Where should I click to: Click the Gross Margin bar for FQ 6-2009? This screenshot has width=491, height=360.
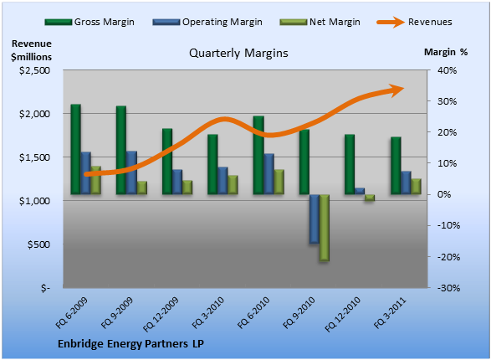pos(75,149)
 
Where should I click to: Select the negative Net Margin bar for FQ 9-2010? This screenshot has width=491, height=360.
pos(324,228)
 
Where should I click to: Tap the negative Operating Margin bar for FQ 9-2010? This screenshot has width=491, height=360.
pos(315,219)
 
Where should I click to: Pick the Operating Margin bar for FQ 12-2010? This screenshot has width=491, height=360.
pos(360,191)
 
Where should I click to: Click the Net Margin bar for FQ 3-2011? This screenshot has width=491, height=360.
pos(416,187)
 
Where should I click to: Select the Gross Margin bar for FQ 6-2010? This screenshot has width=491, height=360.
pos(258,155)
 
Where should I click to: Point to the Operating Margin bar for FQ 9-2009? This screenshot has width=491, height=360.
pos(131,172)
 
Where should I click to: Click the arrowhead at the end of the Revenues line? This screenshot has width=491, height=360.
pos(397,90)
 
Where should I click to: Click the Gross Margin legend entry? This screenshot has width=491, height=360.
pos(90,22)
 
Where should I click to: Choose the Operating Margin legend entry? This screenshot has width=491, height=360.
pos(207,22)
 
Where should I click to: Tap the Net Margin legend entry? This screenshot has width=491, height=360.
pos(320,22)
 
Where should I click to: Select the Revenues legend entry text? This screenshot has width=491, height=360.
pos(430,22)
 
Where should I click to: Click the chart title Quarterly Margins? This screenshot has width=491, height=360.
pos(238,53)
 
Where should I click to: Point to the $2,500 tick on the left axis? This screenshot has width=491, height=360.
pos(34,70)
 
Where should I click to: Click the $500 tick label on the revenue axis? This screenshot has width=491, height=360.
pos(38,244)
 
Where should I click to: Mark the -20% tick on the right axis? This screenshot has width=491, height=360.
pos(448,257)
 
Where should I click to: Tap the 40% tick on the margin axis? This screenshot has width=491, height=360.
pos(448,70)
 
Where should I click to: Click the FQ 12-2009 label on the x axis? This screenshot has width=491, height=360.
pos(161,314)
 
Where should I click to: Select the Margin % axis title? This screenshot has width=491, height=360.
pos(446,52)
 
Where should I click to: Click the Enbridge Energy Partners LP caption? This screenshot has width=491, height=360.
pos(130,344)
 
